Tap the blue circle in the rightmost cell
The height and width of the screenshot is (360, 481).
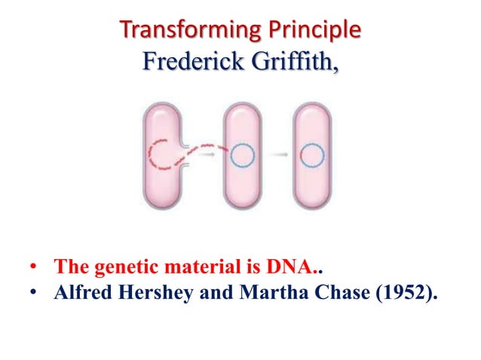(x=311, y=156)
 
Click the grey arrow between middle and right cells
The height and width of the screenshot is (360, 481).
(x=278, y=156)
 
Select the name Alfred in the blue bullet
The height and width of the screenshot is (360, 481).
(x=80, y=291)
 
